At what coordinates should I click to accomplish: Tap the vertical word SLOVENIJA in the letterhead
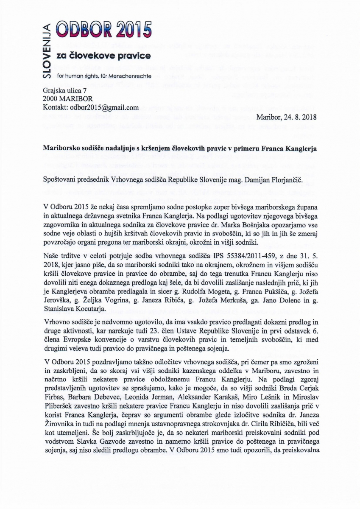point(48,51)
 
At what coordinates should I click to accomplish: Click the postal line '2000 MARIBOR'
point(64,99)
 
